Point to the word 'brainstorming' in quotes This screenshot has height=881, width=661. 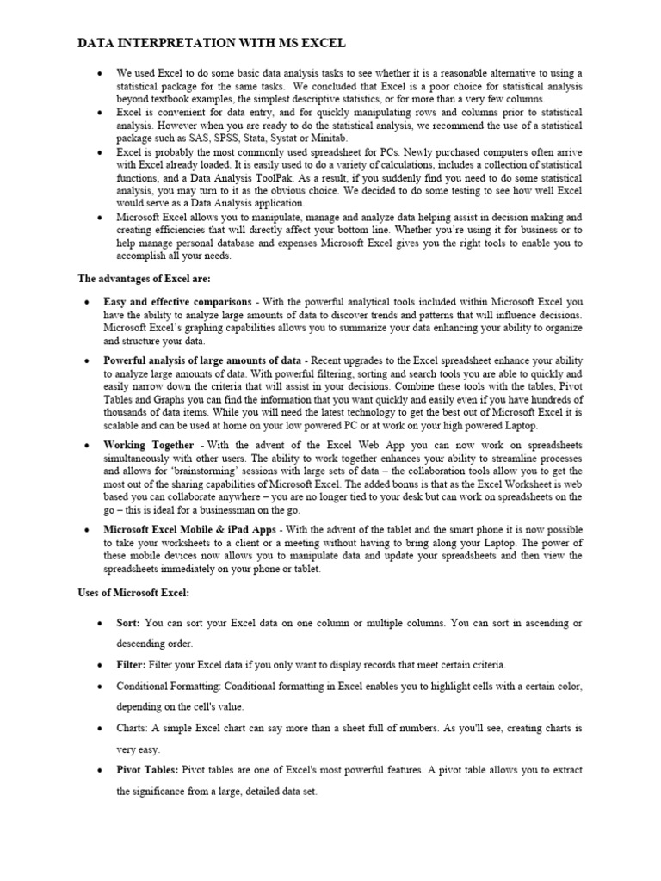tap(220, 472)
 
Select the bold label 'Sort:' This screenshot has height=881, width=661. tap(129, 622)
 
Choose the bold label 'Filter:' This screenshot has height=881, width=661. tap(132, 665)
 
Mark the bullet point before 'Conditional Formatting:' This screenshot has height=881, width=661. tap(100, 687)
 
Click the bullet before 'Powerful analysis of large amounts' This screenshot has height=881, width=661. tap(88, 360)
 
